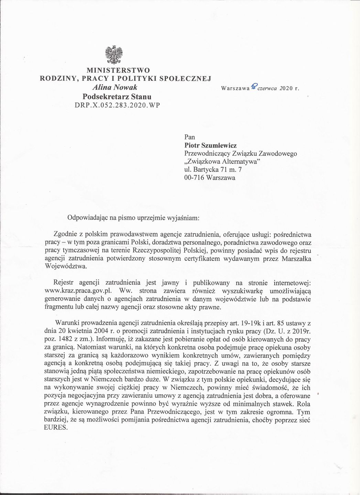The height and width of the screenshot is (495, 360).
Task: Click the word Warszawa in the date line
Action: pyautogui.click(x=235, y=88)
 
